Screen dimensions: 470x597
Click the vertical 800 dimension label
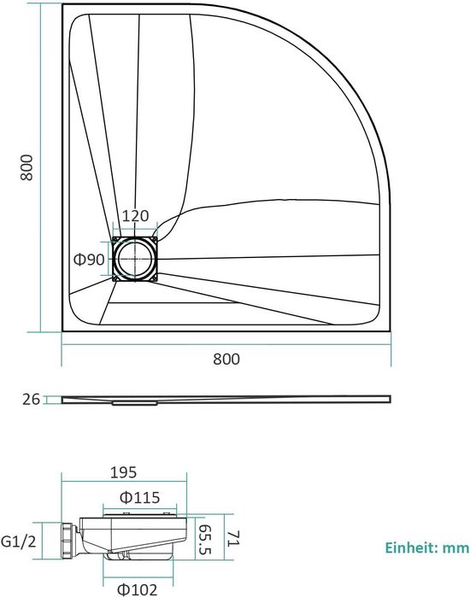(26, 167)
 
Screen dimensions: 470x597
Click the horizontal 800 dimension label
(226, 359)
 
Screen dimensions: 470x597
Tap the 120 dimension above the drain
(135, 216)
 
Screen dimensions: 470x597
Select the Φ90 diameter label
(89, 260)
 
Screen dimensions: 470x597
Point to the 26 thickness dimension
(32, 400)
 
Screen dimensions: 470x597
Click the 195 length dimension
(123, 472)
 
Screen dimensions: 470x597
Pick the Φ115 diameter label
(140, 498)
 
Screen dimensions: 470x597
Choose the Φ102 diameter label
(137, 590)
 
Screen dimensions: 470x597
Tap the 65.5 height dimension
(206, 540)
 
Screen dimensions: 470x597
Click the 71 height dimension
(232, 538)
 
